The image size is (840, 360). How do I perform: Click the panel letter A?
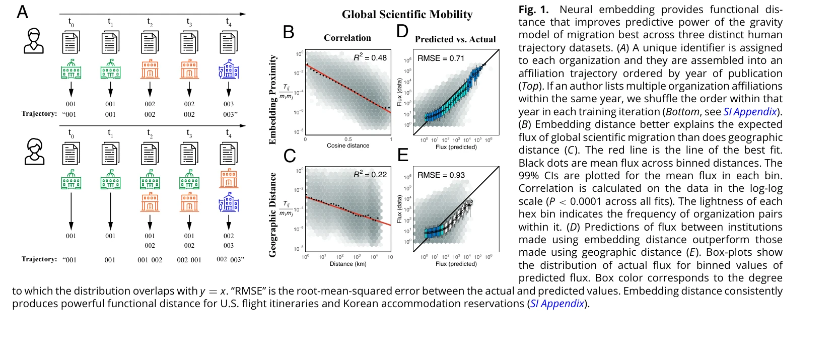(22, 12)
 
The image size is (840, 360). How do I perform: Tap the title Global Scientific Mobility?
(407, 15)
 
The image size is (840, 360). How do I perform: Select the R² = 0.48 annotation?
(370, 58)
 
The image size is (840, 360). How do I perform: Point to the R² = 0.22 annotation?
(370, 175)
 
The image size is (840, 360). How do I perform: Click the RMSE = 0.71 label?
(441, 58)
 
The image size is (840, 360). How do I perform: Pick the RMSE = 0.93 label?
(441, 175)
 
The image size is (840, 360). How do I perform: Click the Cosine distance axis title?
(348, 146)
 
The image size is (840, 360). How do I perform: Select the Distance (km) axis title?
(348, 264)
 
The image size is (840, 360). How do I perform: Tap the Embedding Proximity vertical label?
(273, 100)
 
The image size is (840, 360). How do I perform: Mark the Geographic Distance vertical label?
(273, 215)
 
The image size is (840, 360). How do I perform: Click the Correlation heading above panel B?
(347, 38)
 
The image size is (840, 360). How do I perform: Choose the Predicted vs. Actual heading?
(455, 39)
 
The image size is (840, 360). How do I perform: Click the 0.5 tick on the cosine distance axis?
(348, 139)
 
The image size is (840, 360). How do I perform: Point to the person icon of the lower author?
(34, 153)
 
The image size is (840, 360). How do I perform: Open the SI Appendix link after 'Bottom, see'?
(750, 112)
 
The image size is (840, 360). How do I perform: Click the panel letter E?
(403, 155)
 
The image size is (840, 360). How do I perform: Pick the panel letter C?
(290, 156)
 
